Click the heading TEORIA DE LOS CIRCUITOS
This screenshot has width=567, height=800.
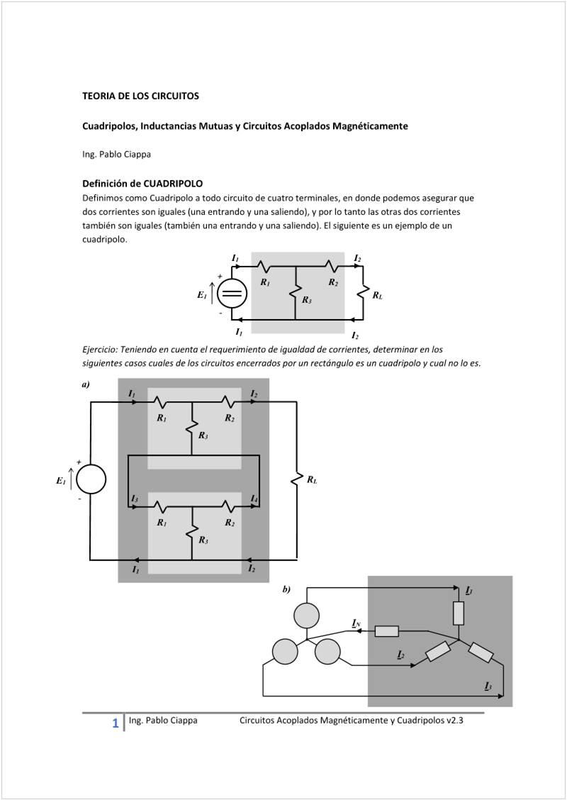coord(140,95)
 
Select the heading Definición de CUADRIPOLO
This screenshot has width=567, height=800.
coord(142,184)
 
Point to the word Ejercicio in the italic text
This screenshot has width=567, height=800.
coord(99,350)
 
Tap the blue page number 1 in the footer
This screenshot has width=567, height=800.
coord(115,723)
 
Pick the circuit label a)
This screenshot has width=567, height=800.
coord(86,384)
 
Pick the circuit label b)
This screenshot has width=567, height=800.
coord(286,589)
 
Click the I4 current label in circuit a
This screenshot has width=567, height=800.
coord(254,499)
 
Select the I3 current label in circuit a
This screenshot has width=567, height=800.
coord(134,499)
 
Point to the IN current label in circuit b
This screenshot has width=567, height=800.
coord(357,623)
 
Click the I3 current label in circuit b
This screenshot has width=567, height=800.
coord(488,685)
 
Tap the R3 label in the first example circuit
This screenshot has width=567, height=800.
coord(306,300)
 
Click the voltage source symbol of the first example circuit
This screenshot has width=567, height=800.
coord(231,294)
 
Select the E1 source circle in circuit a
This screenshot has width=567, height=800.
coord(91,479)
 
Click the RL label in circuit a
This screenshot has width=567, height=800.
coord(312,480)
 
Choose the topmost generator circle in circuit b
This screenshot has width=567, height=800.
coord(308,614)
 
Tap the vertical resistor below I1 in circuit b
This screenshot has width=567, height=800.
coord(459,613)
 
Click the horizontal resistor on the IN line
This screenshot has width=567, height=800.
coord(386,631)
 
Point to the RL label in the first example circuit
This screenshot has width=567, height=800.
coord(378,295)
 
